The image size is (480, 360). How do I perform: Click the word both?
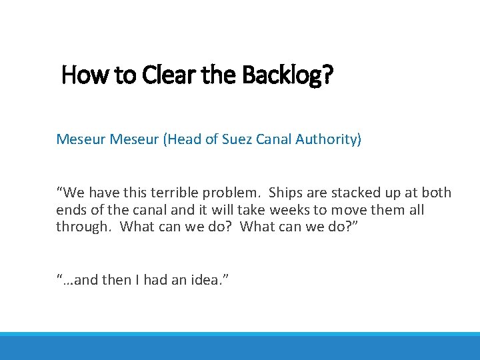[x=436, y=193]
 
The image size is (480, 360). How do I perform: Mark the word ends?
[x=71, y=211]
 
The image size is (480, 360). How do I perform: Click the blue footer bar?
[x=240, y=347]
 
